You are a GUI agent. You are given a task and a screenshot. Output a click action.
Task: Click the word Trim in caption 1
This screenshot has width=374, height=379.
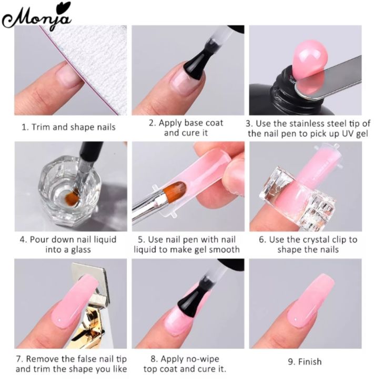(41, 127)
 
